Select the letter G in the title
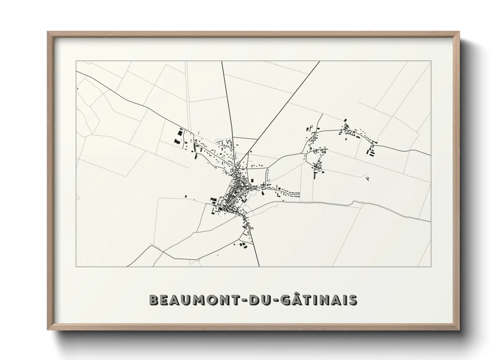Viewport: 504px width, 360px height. pyautogui.click(x=276, y=300)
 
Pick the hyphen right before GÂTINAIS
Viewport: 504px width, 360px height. pyautogui.click(x=268, y=300)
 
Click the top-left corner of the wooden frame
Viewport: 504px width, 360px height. pyautogui.click(x=48, y=32)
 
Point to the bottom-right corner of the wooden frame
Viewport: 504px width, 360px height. pyautogui.click(x=459, y=330)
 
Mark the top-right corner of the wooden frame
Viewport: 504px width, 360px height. pyautogui.click(x=459, y=32)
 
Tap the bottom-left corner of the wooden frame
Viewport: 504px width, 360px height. pyautogui.click(x=48, y=330)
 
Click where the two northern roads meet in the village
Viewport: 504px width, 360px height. pyautogui.click(x=238, y=167)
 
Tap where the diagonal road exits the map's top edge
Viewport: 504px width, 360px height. pyautogui.click(x=320, y=61)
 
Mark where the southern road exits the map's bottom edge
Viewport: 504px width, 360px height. pyautogui.click(x=260, y=266)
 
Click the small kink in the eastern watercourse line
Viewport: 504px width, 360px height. pyautogui.click(x=354, y=203)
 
